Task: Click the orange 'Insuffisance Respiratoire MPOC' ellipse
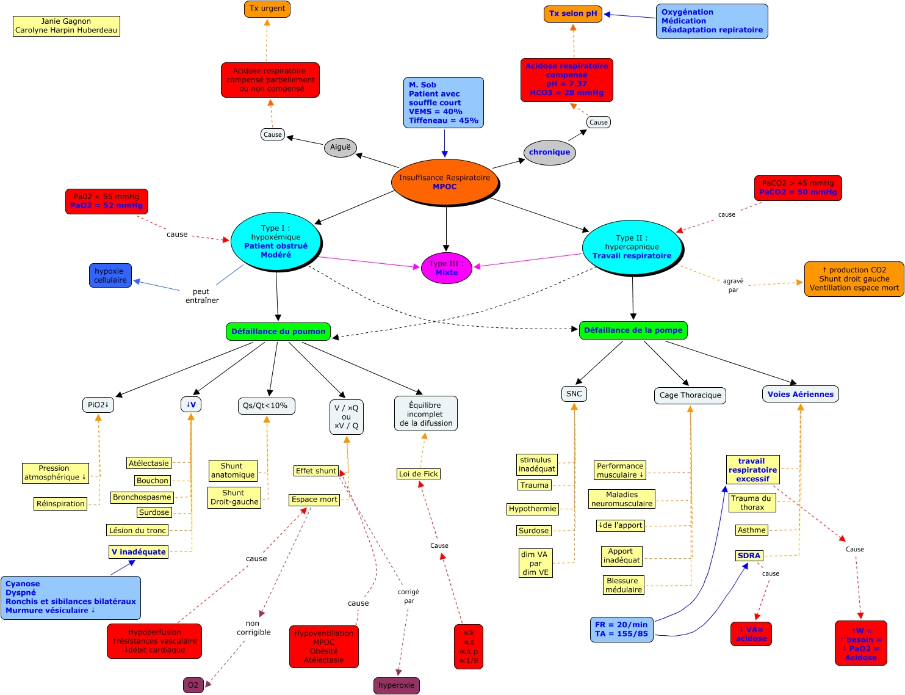tap(444, 182)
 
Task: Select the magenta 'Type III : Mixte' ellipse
tap(447, 268)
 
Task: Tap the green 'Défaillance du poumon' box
tap(278, 331)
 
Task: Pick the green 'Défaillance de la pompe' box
tap(633, 330)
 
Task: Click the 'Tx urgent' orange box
tap(267, 9)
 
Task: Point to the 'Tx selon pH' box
tap(573, 13)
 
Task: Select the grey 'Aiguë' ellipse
tap(341, 147)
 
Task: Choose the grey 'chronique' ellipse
tap(549, 153)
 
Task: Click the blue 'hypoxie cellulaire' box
tap(110, 275)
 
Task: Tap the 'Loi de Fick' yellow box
tap(419, 474)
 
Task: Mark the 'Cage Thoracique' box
tap(690, 395)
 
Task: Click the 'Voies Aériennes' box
tap(800, 395)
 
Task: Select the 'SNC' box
tap(574, 394)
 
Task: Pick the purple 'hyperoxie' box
tap(396, 685)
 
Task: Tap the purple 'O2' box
tap(193, 685)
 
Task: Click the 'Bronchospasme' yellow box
tap(142, 497)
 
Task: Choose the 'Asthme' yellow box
tap(751, 530)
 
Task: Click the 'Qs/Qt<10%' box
tap(265, 406)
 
